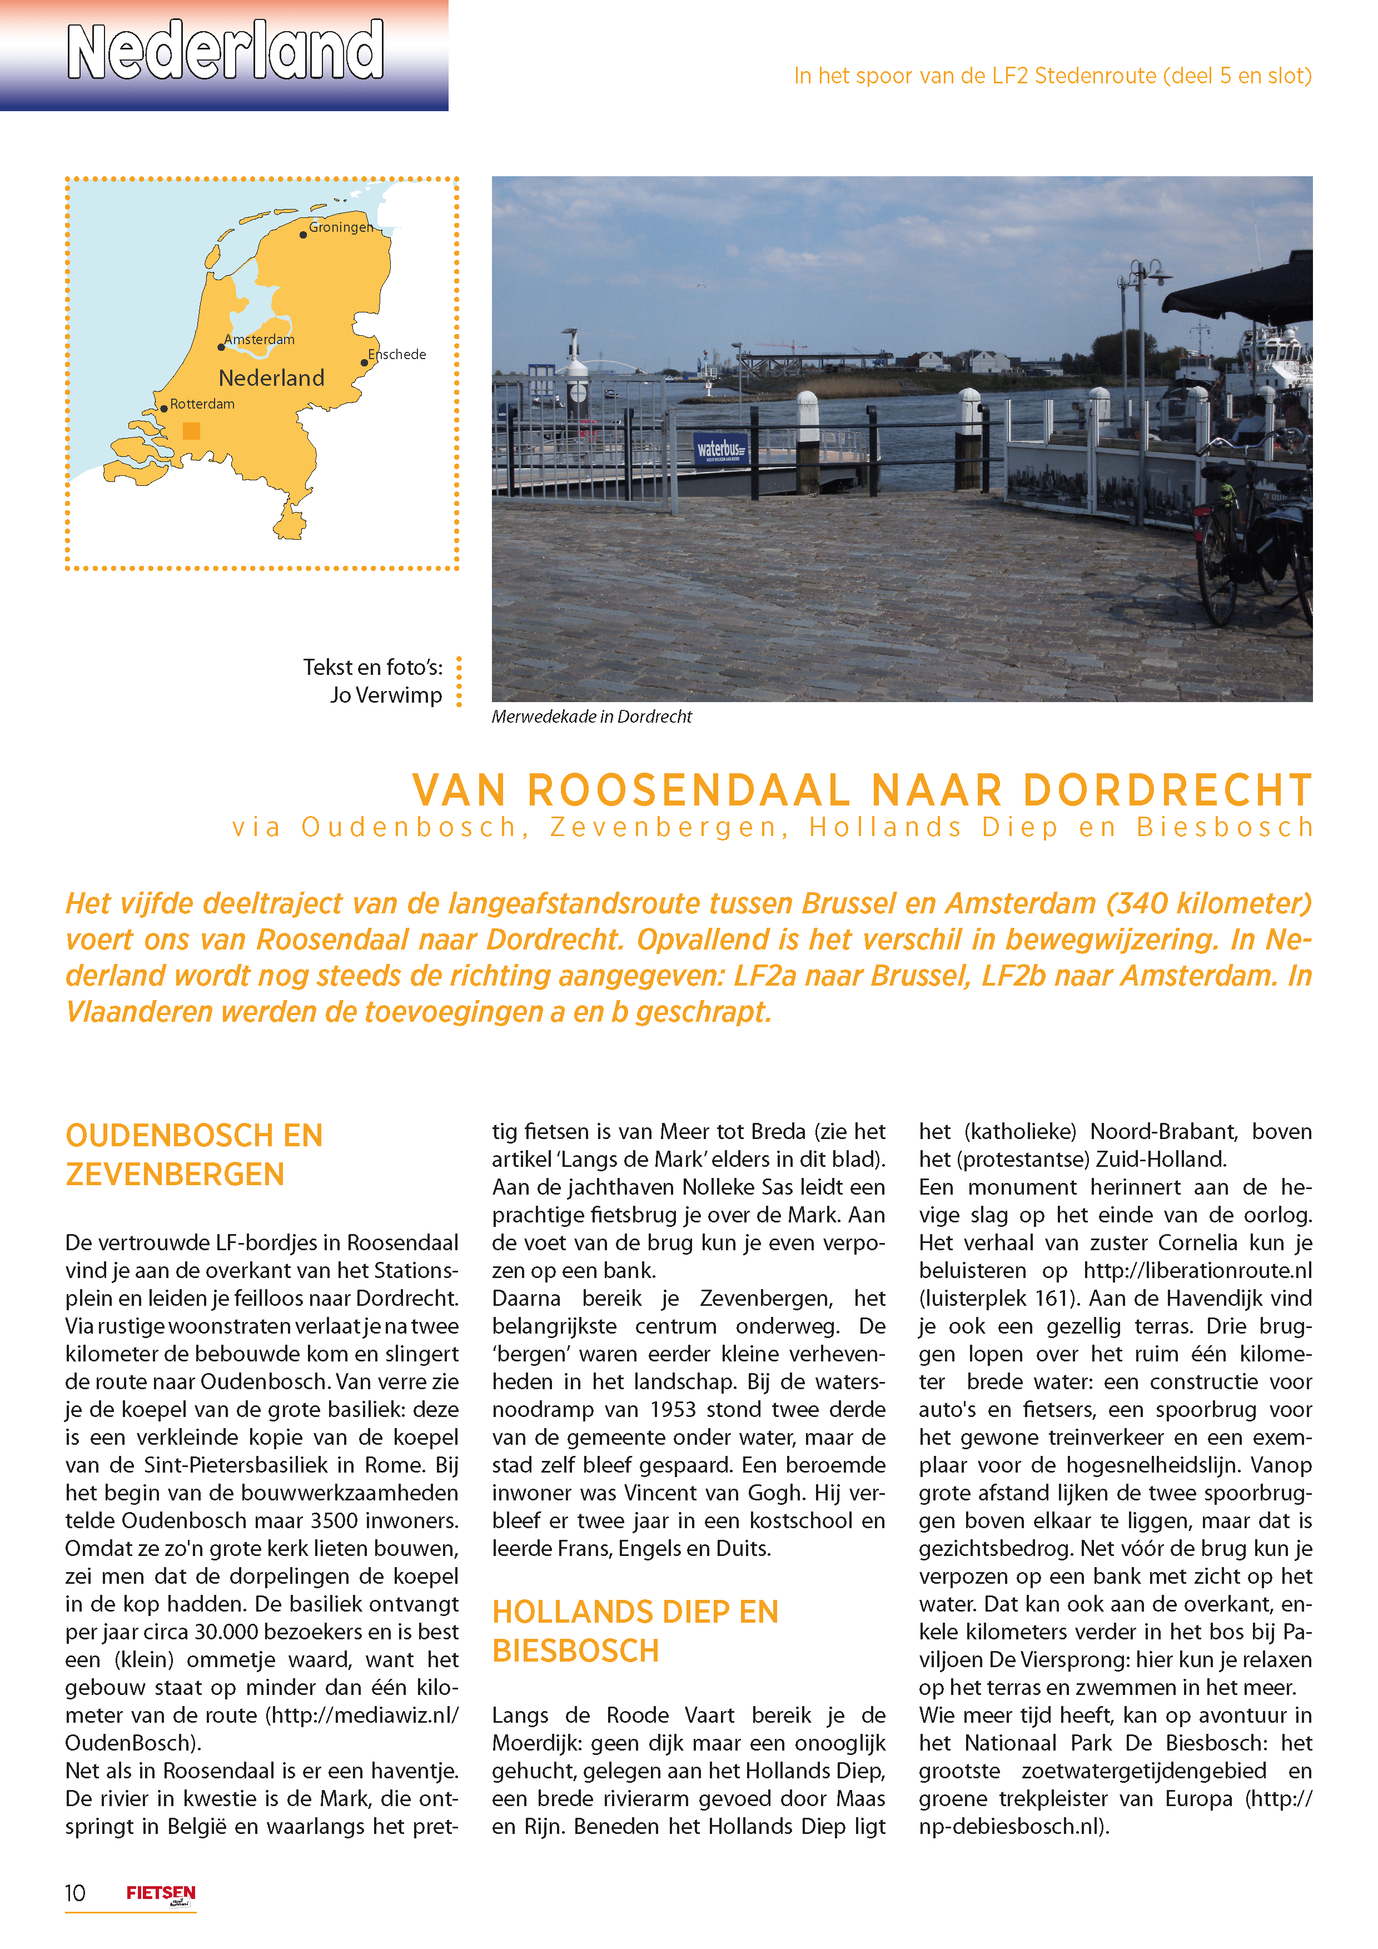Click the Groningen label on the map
(x=340, y=227)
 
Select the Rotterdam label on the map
(x=202, y=404)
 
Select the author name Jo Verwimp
(x=386, y=695)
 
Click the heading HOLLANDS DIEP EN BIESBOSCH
(x=635, y=1630)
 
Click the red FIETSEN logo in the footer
(x=161, y=1893)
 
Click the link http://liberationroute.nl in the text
(x=1197, y=1270)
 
